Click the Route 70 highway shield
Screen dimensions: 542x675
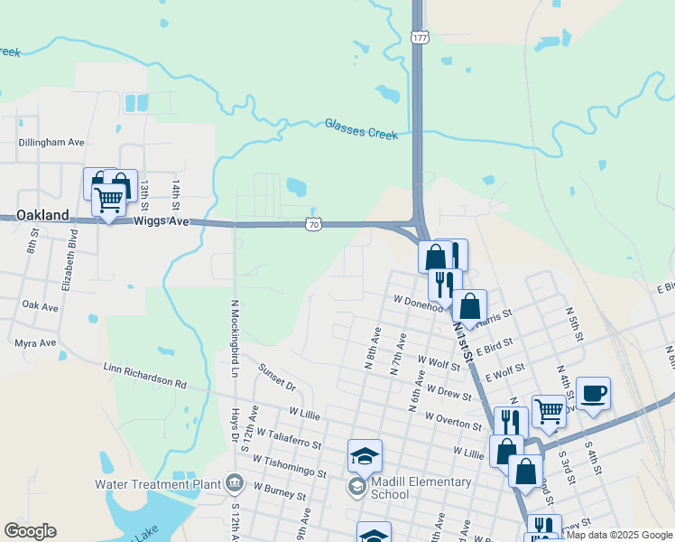pos(312,223)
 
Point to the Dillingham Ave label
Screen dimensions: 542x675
pos(51,142)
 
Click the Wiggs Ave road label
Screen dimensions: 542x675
pos(162,220)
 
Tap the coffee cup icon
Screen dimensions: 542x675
pos(593,394)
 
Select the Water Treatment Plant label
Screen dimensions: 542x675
pos(157,483)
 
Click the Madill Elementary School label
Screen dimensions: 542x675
pos(421,488)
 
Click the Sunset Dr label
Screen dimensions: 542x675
pos(277,378)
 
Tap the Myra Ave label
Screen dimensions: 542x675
pos(36,343)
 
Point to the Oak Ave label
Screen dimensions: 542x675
pos(40,307)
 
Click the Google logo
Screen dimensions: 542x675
pos(30,531)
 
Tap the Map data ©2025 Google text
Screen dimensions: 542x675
pos(619,536)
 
